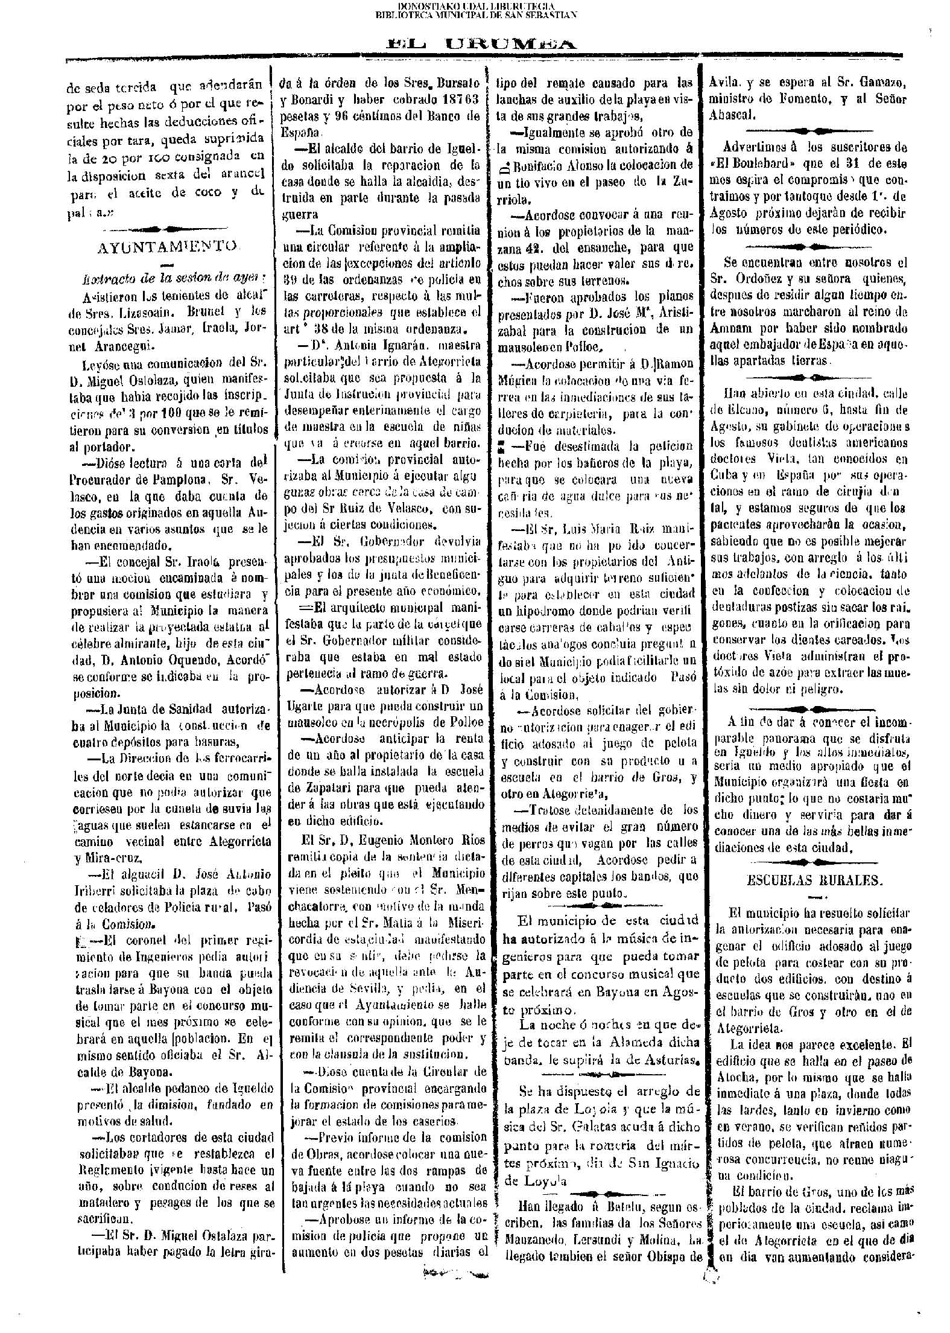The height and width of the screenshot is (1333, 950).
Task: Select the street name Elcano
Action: pyautogui.click(x=735, y=410)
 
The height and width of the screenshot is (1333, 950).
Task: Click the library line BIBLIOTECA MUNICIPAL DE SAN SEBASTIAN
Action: pyautogui.click(x=475, y=15)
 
